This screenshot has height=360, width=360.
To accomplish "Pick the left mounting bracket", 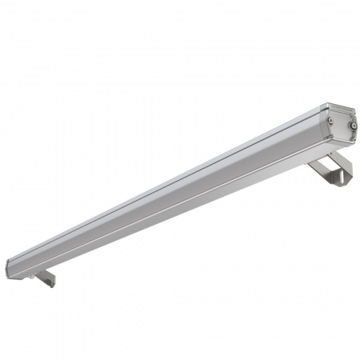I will (x=45, y=278).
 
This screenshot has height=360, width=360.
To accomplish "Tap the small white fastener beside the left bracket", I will (x=32, y=275).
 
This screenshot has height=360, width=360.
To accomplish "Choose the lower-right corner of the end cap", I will (x=355, y=142).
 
